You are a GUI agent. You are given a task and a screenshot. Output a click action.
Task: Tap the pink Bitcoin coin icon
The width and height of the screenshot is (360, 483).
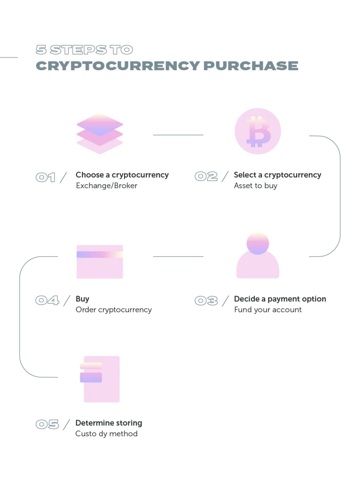259,130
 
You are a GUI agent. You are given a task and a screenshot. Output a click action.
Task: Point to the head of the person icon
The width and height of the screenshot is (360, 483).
259,242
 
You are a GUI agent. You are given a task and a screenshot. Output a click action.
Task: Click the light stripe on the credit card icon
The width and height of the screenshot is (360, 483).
100,255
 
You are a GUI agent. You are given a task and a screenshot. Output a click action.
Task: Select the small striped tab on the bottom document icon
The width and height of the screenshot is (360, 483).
91,373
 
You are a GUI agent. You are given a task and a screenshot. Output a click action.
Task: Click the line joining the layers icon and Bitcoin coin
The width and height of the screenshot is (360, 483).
177,134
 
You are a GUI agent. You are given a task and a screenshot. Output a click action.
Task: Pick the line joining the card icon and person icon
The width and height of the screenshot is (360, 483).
177,257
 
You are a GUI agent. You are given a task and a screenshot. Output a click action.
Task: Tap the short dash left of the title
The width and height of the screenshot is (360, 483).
9,58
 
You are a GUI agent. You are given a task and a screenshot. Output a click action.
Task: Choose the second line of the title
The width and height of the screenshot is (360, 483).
167,66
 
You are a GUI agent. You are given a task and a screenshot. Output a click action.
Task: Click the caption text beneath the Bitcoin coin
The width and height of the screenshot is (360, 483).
277,181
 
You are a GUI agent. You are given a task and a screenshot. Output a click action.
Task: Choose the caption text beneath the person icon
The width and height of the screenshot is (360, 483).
280,304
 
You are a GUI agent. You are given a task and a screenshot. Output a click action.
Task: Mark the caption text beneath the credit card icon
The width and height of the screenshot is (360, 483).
115,304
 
